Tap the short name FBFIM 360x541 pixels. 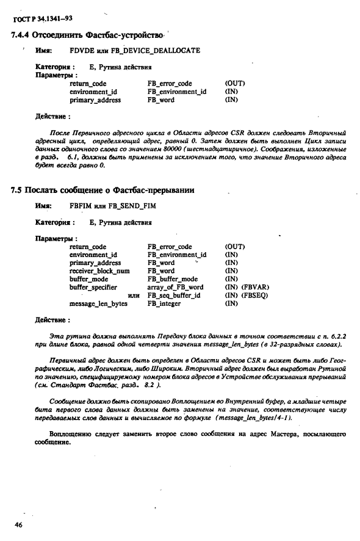click(81, 207)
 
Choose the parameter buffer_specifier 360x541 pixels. click(93, 286)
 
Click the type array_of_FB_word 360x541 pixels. click(175, 286)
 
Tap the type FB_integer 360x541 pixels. click(164, 303)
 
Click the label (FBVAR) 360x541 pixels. click(256, 286)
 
